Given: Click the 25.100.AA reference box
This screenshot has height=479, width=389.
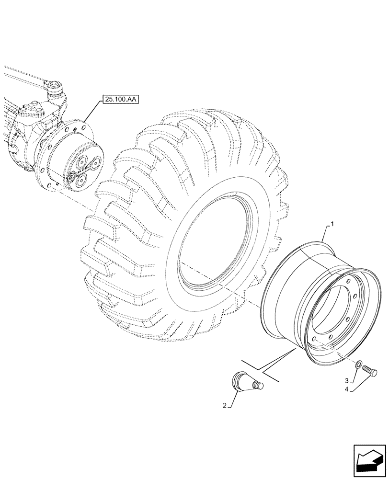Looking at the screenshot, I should click(119, 100).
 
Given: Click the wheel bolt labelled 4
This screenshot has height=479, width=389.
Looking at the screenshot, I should click(371, 370).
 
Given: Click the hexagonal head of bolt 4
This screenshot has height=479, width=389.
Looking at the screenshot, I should click(375, 371).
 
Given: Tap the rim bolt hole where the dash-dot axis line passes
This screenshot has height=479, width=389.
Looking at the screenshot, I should click(313, 338).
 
